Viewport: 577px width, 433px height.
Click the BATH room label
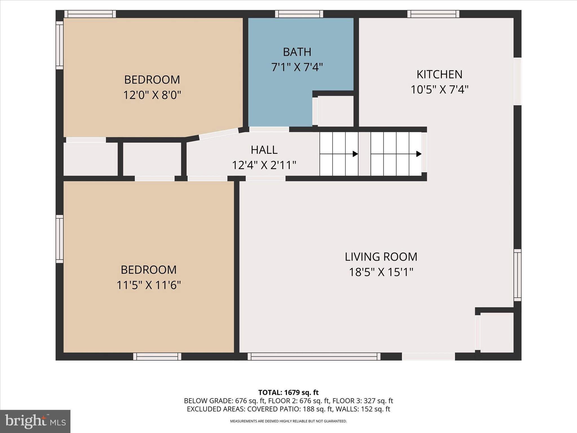297,52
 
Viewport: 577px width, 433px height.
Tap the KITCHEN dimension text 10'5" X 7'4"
439,90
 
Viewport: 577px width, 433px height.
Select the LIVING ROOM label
381,257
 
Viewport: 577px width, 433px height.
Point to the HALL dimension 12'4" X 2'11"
264,165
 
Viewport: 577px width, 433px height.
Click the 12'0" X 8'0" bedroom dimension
152,95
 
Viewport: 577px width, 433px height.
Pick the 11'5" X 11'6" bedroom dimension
148,285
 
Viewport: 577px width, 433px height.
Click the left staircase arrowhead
355,154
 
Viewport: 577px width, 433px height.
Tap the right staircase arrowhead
419,154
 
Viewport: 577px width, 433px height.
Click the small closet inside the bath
335,111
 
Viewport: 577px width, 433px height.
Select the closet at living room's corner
497,332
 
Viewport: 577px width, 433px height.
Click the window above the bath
299,14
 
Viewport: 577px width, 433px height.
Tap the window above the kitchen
433,14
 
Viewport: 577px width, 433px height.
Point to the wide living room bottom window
314,357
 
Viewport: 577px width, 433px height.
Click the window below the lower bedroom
157,357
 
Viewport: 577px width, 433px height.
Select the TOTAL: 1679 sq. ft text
288,392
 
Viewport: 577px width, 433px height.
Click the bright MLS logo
35,421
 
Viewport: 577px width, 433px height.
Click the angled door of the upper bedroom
219,134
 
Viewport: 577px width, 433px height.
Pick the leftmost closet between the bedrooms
90,159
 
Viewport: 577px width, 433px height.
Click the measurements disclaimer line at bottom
288,421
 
